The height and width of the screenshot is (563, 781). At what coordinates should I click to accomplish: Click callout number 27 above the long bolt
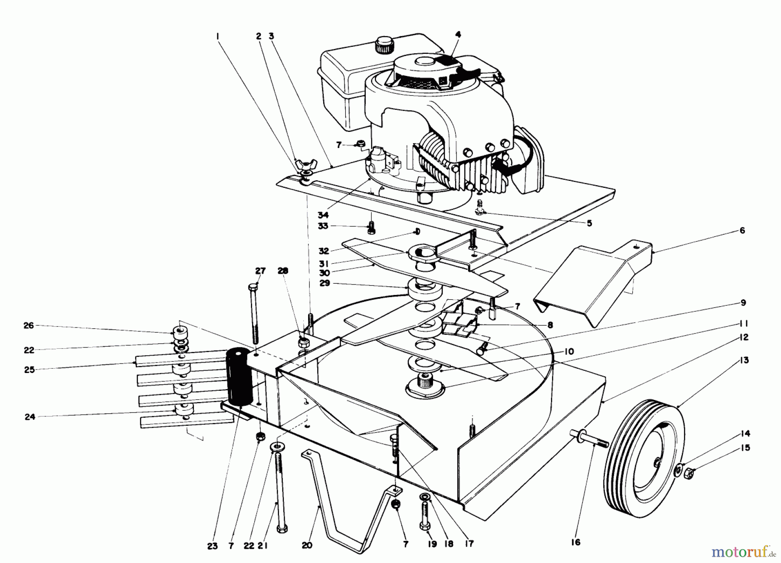[x=260, y=271]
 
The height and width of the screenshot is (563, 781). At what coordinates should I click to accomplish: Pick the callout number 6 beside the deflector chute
[x=742, y=230]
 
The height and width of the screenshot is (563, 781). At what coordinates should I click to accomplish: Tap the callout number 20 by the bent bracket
[x=307, y=545]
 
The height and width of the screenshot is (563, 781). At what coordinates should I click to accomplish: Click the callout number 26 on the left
[x=29, y=325]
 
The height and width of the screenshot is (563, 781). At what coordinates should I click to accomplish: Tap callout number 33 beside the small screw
[x=323, y=226]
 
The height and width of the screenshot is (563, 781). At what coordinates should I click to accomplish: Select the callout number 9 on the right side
[x=743, y=302]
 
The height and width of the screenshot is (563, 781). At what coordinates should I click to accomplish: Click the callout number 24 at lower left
[x=29, y=416]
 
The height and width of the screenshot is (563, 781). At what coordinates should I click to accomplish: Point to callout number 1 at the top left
[x=218, y=37]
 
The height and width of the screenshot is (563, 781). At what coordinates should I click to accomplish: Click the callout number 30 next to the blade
[x=324, y=273]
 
